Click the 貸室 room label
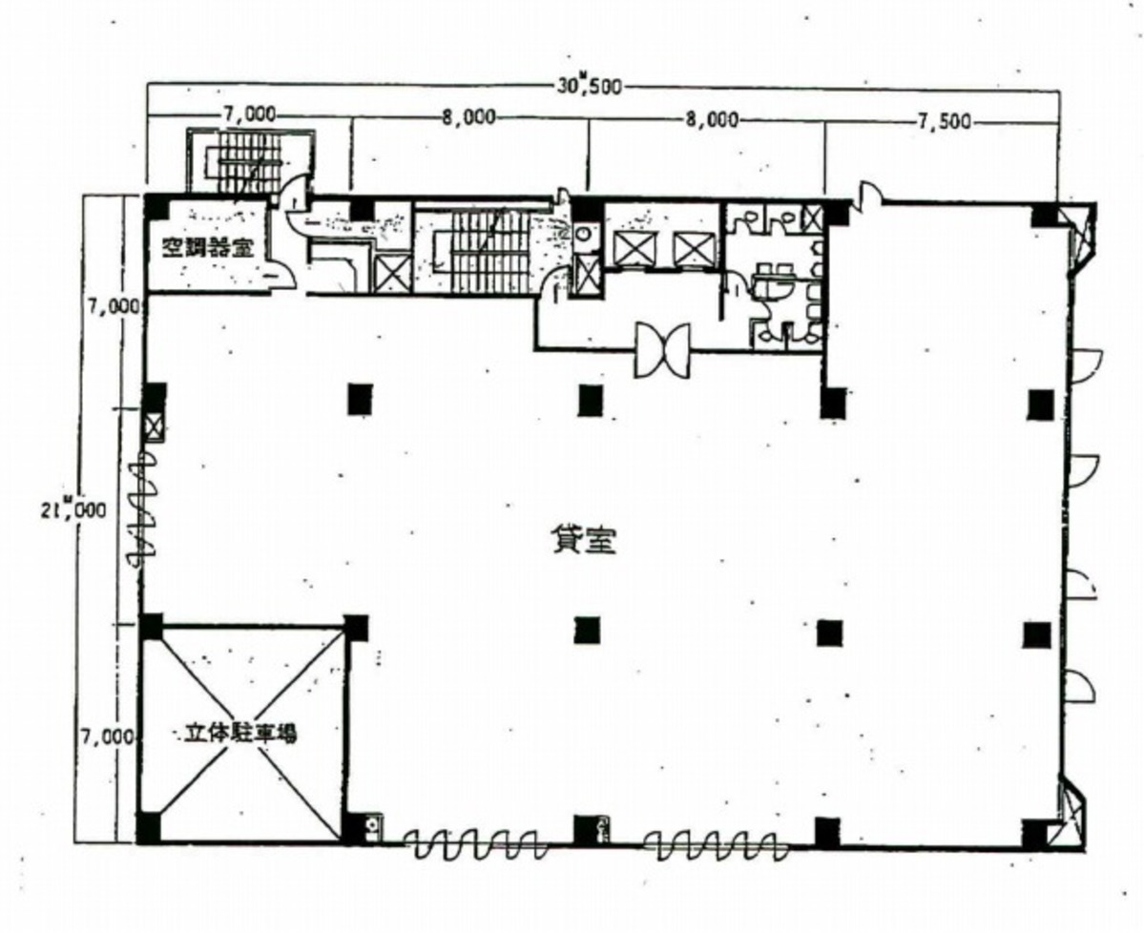583,540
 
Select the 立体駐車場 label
240,733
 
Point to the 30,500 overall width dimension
589,85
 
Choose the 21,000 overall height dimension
73,509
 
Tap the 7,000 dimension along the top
249,114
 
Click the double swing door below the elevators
662,350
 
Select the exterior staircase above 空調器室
250,161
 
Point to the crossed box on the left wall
154,426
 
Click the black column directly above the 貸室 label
591,400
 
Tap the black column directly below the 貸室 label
588,631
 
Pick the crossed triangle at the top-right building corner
1075,236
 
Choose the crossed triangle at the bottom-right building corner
1071,813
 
